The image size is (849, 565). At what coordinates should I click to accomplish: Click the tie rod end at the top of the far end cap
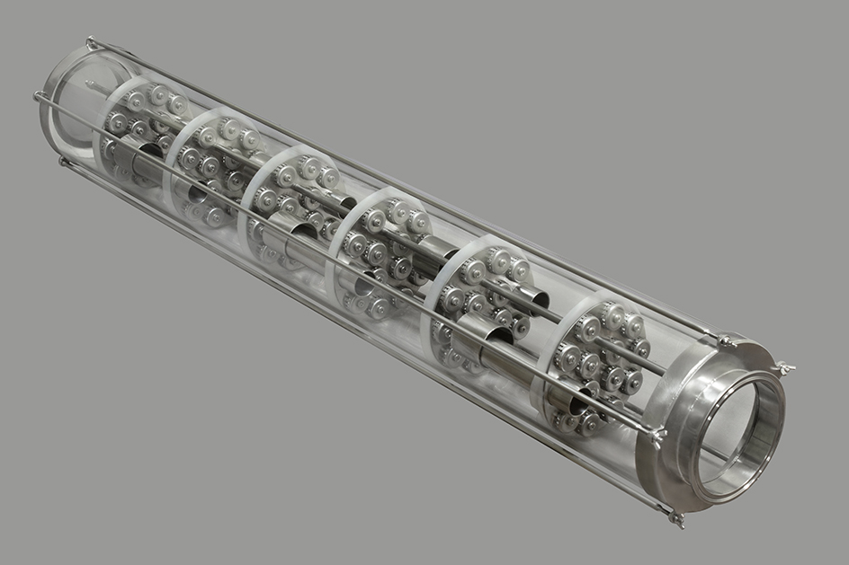pos(91,41)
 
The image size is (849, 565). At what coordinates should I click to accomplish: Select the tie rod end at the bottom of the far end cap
pos(62,162)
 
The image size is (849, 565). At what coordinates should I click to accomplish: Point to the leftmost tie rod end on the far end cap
pos(39,95)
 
